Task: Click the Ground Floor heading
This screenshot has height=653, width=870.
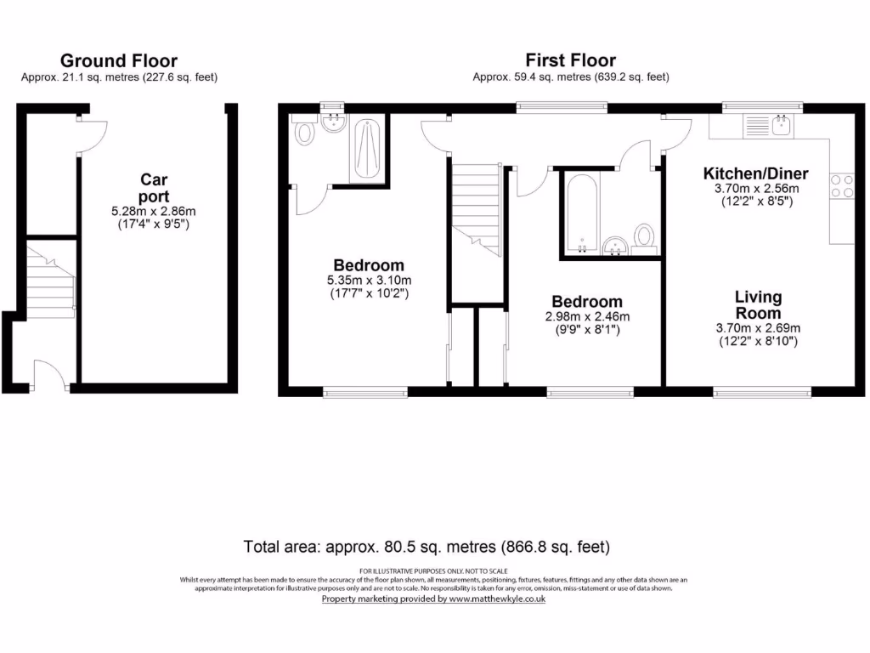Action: pyautogui.click(x=118, y=60)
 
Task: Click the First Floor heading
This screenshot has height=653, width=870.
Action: pyautogui.click(x=570, y=60)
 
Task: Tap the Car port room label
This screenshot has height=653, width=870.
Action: pyautogui.click(x=154, y=188)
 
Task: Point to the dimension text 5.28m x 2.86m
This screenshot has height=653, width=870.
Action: pyautogui.click(x=154, y=212)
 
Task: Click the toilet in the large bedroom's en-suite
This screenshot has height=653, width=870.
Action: pyautogui.click(x=302, y=133)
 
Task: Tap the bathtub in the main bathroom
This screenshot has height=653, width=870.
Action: pyautogui.click(x=582, y=213)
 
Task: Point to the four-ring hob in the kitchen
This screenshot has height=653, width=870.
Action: pyautogui.click(x=840, y=185)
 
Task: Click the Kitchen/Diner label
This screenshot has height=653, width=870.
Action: pyautogui.click(x=755, y=173)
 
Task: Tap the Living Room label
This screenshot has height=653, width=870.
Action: pyautogui.click(x=759, y=304)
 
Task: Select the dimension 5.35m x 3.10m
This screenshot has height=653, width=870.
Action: pyautogui.click(x=369, y=281)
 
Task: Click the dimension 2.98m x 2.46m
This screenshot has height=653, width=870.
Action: pyautogui.click(x=587, y=317)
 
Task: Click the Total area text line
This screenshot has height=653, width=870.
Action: pyautogui.click(x=427, y=546)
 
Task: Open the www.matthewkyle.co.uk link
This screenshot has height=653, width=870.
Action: pyautogui.click(x=496, y=599)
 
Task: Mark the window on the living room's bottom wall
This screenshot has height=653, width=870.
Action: pyautogui.click(x=756, y=392)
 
